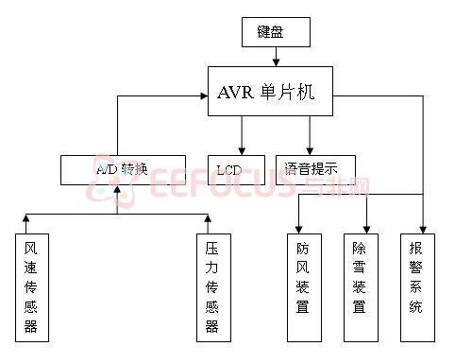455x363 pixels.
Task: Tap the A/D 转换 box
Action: (121, 169)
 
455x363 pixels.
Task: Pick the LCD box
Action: (229, 169)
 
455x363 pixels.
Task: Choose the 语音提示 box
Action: (315, 169)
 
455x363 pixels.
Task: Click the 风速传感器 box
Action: (31, 286)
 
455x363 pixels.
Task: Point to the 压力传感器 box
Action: (212, 286)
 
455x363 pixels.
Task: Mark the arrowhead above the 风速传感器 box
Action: (25, 218)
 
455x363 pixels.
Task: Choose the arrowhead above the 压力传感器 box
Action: (208, 218)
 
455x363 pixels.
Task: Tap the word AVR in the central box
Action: (237, 92)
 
